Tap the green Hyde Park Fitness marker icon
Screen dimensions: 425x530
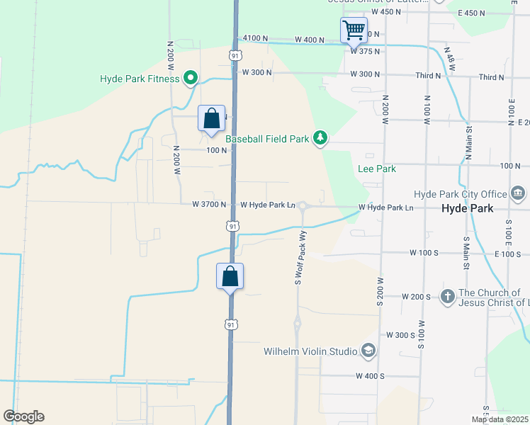click(191, 78)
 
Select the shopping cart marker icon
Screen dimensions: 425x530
click(353, 31)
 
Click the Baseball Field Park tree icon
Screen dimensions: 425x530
click(320, 137)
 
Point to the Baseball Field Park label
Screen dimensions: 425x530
click(267, 139)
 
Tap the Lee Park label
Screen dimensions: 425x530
click(376, 169)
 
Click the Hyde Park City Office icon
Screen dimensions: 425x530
click(518, 193)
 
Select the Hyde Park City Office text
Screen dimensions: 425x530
click(461, 194)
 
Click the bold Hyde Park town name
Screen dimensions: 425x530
click(466, 209)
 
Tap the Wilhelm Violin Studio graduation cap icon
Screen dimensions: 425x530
click(368, 350)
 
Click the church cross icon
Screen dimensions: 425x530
click(447, 296)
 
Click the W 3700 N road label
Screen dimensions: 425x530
click(209, 204)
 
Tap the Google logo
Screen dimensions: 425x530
click(23, 416)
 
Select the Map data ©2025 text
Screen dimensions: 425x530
click(500, 419)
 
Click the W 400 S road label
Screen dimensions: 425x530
click(370, 375)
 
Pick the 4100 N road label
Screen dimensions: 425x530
click(255, 38)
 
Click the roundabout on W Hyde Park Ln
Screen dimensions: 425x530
click(303, 206)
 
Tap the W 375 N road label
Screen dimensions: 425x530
click(365, 51)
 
